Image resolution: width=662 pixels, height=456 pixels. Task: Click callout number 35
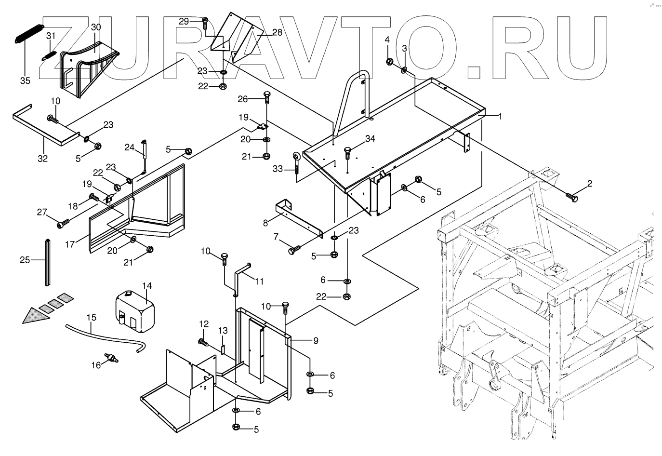(x=25, y=80)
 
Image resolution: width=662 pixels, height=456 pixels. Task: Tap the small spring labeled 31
(x=49, y=55)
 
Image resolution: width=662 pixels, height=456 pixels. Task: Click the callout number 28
(x=277, y=32)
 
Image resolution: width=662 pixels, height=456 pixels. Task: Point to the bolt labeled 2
(x=571, y=197)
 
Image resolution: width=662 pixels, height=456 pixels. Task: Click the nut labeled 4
(x=389, y=62)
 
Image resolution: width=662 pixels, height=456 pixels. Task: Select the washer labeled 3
(x=404, y=70)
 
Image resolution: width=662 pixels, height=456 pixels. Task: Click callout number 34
(x=370, y=138)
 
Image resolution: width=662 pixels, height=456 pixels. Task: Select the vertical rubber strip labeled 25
(x=48, y=263)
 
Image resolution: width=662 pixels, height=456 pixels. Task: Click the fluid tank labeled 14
(x=135, y=312)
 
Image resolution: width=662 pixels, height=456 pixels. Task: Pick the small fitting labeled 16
(x=111, y=358)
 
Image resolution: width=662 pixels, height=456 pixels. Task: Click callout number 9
(x=316, y=341)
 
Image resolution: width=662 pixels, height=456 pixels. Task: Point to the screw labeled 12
(x=204, y=342)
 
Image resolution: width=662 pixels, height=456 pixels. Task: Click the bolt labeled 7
(x=294, y=250)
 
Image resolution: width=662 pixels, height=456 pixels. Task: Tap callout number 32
(x=42, y=159)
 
